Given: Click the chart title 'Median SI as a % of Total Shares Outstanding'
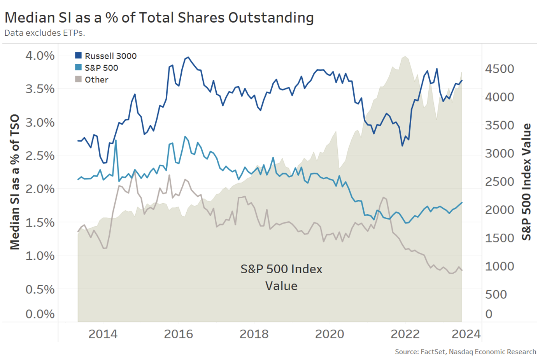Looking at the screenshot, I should point(159,18).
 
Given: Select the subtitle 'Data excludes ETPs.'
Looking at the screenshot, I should point(45,33).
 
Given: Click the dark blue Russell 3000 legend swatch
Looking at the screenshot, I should point(79,56).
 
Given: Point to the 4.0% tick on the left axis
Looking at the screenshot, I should point(40,56).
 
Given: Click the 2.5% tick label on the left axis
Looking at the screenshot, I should point(40,156).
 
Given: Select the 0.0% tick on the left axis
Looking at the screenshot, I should point(40,314).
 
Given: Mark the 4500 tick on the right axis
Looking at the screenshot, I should point(500,69).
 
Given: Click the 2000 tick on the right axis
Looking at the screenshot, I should point(500,210).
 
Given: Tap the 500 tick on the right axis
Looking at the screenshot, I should point(496,294).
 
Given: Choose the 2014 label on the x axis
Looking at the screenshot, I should point(103,334).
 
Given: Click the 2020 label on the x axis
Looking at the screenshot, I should point(330,334).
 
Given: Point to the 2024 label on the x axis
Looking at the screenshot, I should point(466,334).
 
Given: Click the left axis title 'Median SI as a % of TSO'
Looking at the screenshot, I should point(15,182).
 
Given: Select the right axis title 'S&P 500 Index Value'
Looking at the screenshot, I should point(526,182).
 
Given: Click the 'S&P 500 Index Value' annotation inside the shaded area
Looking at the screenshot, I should point(281,277).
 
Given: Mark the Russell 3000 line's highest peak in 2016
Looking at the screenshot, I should point(188,57).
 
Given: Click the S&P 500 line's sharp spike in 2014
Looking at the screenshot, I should point(116,140).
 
